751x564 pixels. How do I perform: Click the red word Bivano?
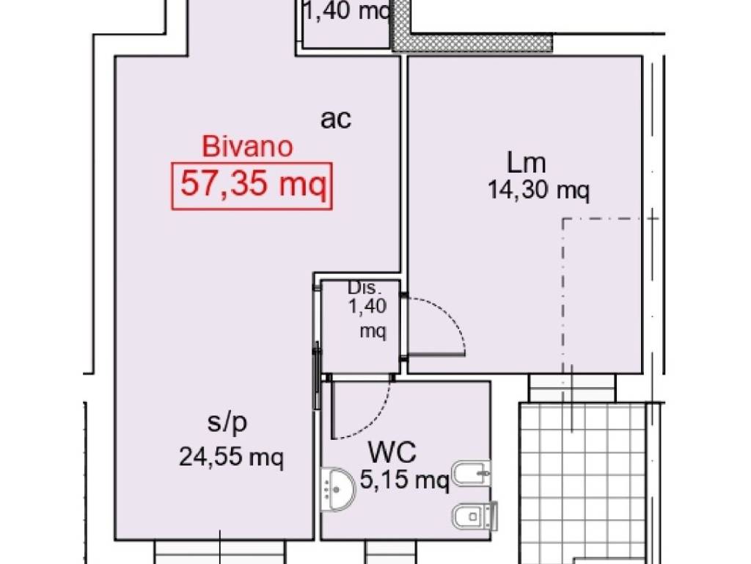pos(247,147)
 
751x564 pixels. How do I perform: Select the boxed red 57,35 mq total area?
pos(252,184)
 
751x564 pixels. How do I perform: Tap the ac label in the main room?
pos(336,119)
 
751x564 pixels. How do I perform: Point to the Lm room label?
pos(526,162)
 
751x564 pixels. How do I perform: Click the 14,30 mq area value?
pos(538,190)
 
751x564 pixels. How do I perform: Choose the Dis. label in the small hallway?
pos(364,288)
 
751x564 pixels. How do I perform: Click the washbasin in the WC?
pos(338,486)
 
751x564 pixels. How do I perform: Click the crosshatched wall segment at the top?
pos(469,43)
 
